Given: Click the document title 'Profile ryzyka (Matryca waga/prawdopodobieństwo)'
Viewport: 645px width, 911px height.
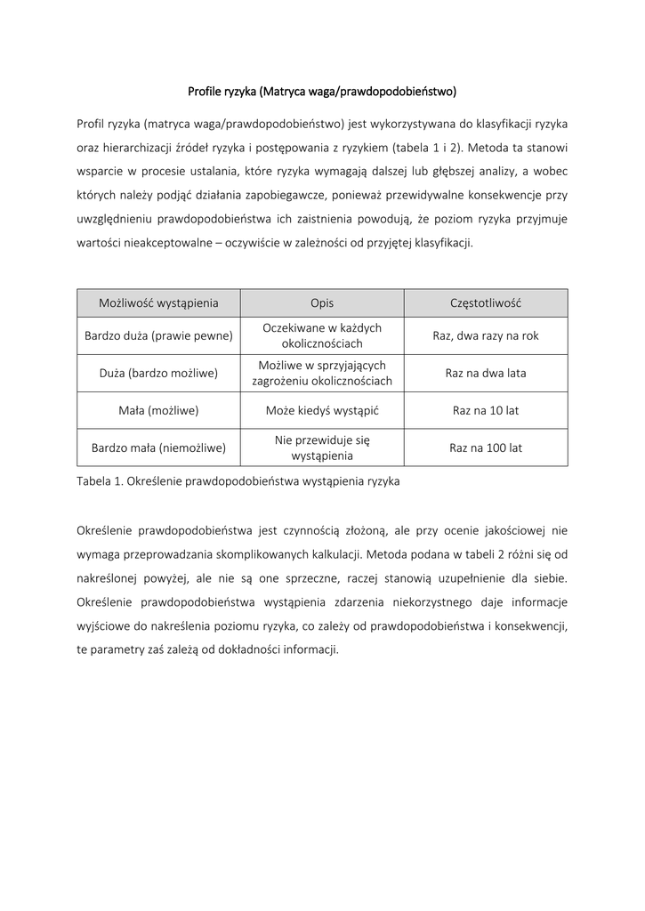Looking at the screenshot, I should click(x=322, y=91).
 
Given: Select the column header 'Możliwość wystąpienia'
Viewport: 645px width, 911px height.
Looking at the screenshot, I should click(x=158, y=303).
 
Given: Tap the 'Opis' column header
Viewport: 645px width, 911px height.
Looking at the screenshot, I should click(x=322, y=303).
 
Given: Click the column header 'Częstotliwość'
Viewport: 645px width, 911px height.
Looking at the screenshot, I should click(x=486, y=303).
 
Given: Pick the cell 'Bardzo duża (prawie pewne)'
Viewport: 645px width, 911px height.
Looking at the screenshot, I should click(x=158, y=336).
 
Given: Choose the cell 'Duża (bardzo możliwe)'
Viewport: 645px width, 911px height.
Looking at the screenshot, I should click(x=158, y=374).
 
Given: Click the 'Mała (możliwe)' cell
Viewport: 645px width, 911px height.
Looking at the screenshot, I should click(x=158, y=411).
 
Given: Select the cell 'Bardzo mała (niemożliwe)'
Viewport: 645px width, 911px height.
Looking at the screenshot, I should click(x=158, y=448).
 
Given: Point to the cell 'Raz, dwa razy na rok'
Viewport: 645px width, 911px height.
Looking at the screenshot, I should click(x=486, y=336).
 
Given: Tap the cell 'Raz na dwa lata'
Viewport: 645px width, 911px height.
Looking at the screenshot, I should click(x=486, y=374).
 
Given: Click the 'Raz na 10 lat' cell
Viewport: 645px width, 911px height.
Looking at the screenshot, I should click(x=486, y=411).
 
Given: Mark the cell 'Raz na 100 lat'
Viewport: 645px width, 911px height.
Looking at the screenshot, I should click(x=486, y=448).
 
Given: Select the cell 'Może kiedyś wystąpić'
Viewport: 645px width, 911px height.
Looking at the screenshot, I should click(x=322, y=411).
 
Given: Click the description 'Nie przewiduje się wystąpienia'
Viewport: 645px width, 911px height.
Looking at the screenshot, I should click(x=322, y=448).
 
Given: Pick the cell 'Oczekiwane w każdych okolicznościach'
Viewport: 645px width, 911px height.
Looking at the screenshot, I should click(x=322, y=336).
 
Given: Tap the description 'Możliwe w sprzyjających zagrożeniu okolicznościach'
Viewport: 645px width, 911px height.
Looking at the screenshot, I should click(x=322, y=374).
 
